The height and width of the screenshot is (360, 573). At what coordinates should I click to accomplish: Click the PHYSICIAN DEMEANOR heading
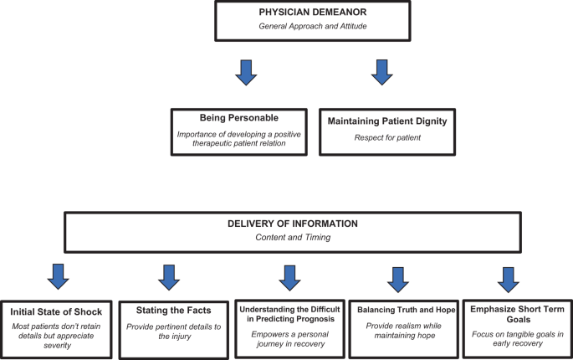(313, 12)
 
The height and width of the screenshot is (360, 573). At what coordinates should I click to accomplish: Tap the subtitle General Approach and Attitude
(313, 26)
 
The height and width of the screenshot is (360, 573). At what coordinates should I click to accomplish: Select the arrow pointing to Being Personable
(246, 73)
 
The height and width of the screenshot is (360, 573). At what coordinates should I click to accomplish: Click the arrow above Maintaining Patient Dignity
(382, 73)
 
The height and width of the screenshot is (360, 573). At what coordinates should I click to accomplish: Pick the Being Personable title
(239, 118)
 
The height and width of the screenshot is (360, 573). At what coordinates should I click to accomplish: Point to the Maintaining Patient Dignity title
(387, 121)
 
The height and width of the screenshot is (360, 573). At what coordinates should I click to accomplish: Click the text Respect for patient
(387, 138)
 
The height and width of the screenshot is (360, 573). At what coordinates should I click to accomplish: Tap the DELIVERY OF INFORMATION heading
(293, 224)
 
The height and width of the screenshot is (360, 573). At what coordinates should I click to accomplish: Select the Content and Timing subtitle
(293, 238)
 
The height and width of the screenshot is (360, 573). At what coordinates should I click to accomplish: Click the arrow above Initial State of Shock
(58, 276)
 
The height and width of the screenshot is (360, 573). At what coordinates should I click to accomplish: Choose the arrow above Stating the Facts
(169, 278)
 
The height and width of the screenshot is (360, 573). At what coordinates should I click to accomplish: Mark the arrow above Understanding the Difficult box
(289, 278)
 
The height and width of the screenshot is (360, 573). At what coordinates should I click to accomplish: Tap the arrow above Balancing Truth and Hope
(398, 280)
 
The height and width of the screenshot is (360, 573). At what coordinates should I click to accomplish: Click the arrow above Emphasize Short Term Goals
(509, 280)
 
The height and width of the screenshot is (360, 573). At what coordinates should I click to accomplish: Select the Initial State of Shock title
(56, 312)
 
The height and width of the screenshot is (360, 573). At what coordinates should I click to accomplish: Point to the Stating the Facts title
(174, 311)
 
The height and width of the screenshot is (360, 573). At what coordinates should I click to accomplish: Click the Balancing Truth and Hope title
(407, 310)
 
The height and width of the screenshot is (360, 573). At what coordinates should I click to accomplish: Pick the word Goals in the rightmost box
(519, 319)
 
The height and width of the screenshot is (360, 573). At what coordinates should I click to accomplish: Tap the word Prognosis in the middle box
(312, 319)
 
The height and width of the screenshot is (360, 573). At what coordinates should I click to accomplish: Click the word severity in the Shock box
(58, 346)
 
